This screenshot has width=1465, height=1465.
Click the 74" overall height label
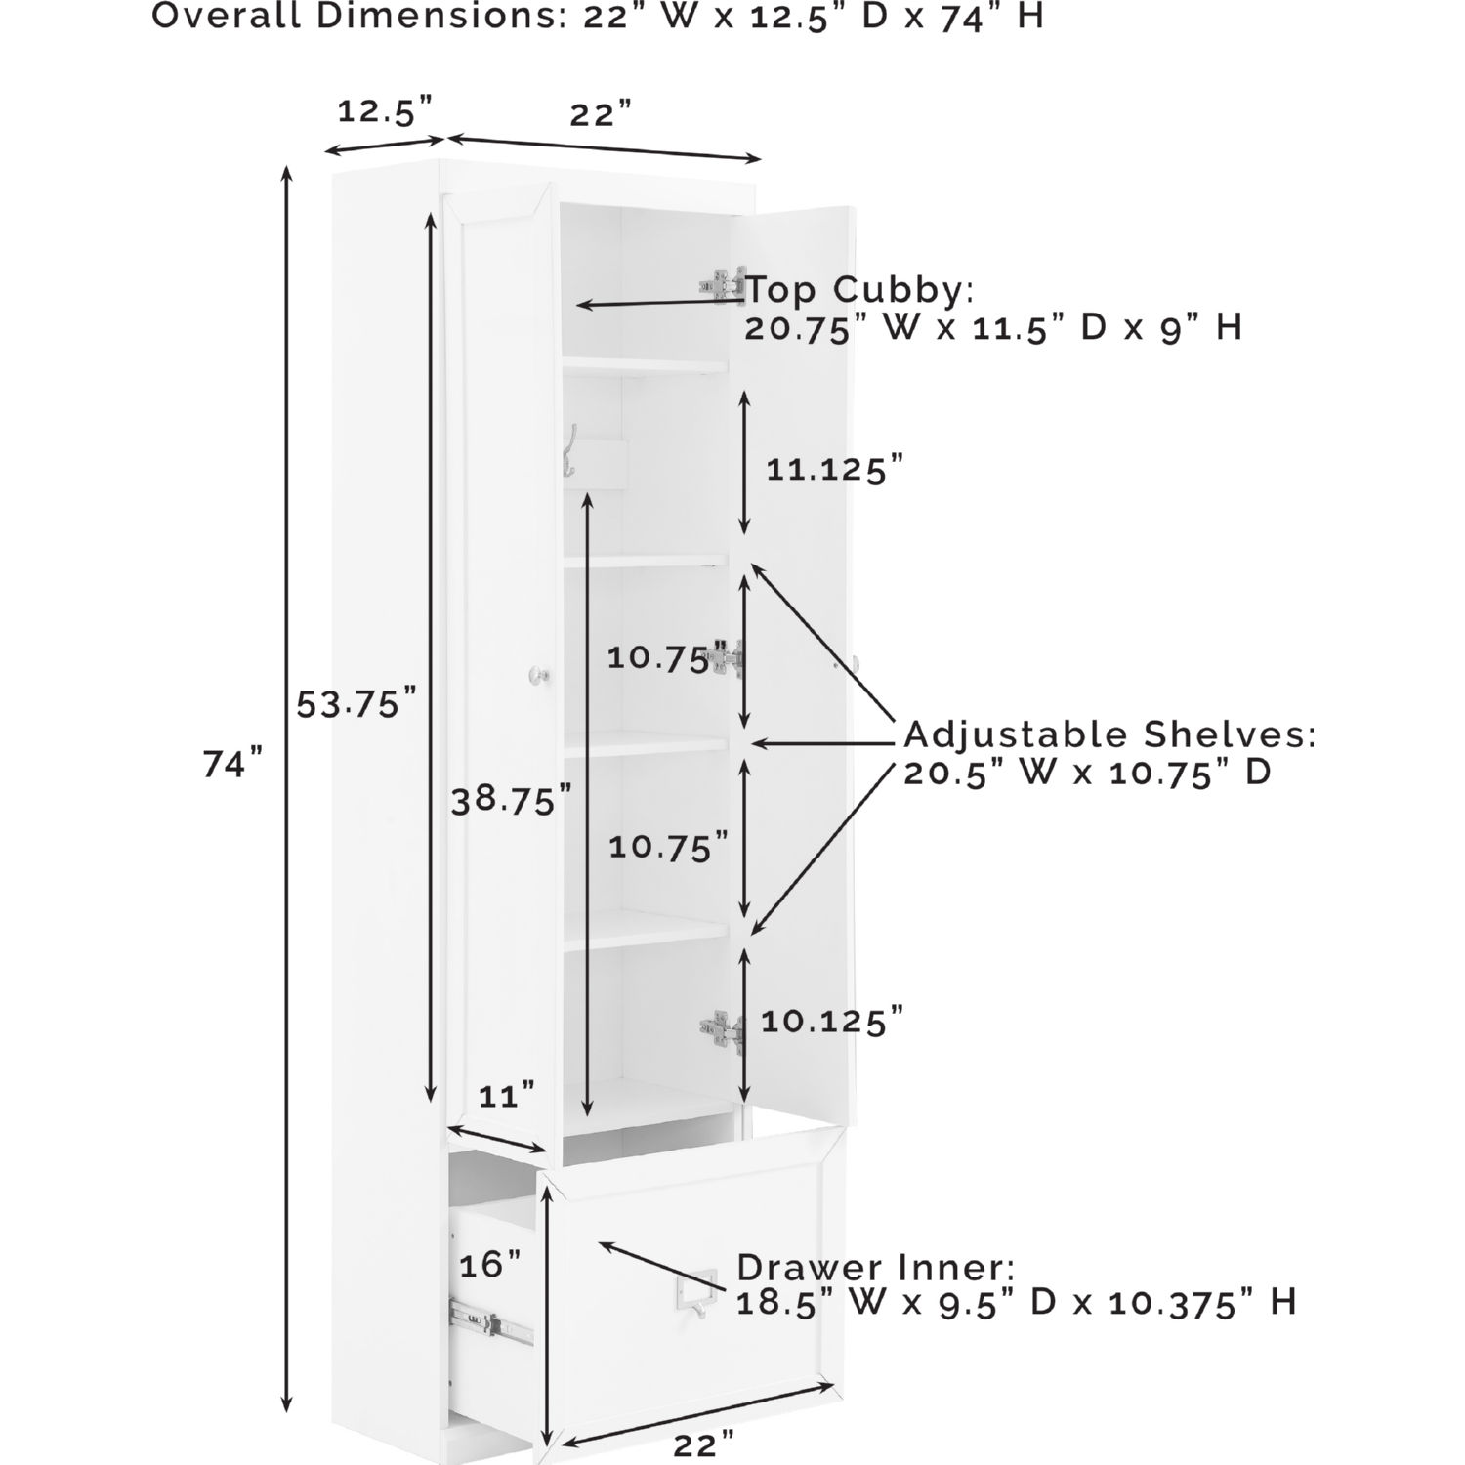233,764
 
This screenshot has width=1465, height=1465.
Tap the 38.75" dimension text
511,801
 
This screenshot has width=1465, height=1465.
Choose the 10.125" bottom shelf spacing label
832,1023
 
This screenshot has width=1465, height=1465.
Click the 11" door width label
508,1096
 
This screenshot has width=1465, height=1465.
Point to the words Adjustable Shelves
1109,734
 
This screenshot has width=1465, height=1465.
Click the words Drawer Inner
875,1268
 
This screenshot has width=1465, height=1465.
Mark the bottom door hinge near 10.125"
723,1030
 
